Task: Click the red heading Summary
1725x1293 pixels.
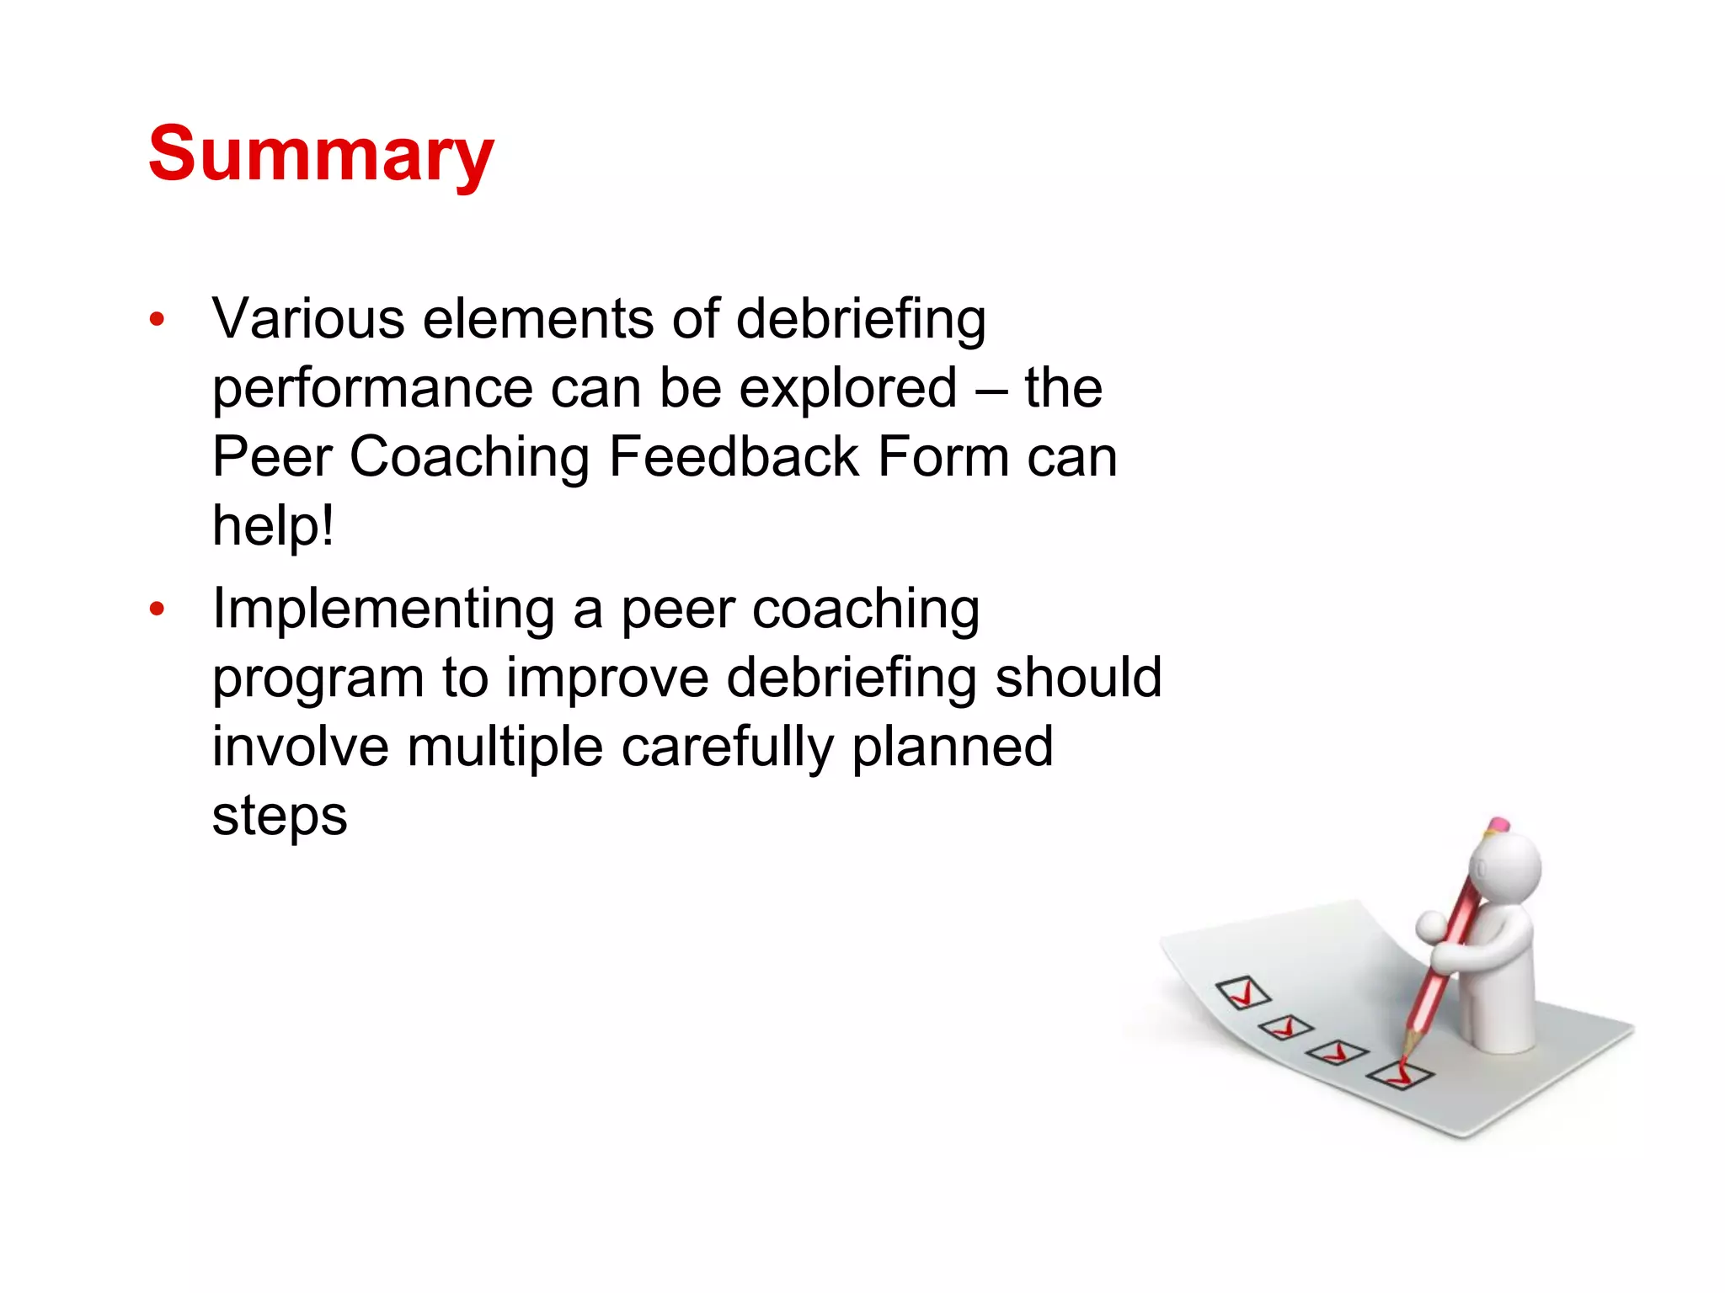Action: (321, 155)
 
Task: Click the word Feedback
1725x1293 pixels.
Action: (733, 458)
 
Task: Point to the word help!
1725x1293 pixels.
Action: (273, 527)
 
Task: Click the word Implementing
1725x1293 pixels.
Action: (383, 610)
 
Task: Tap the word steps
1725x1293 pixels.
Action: (280, 817)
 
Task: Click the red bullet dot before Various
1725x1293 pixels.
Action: (157, 320)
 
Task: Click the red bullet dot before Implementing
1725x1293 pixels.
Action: (157, 609)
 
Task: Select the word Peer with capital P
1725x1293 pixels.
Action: (271, 458)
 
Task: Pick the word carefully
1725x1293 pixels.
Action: (727, 748)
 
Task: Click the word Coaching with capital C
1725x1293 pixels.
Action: (469, 458)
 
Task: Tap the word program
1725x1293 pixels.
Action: (318, 678)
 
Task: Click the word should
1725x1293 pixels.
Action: (1078, 678)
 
